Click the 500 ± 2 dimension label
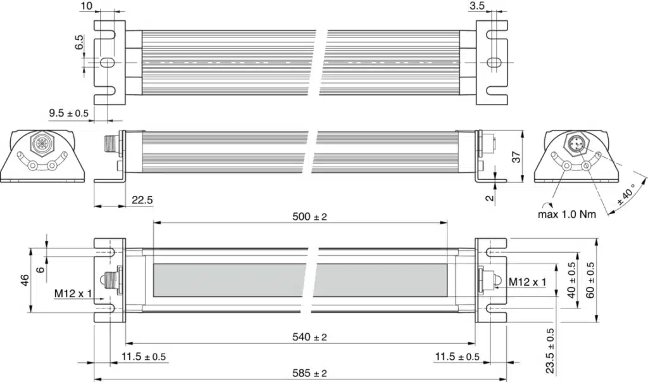(x=309, y=217)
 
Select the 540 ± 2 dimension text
(x=309, y=337)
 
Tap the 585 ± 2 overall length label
(x=309, y=373)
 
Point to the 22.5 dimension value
(x=142, y=200)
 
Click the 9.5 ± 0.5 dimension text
(x=68, y=113)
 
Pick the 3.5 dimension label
(x=477, y=5)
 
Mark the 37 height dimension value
(x=516, y=157)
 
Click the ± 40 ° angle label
(x=627, y=194)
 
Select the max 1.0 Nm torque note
(x=567, y=214)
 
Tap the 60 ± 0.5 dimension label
(x=590, y=280)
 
